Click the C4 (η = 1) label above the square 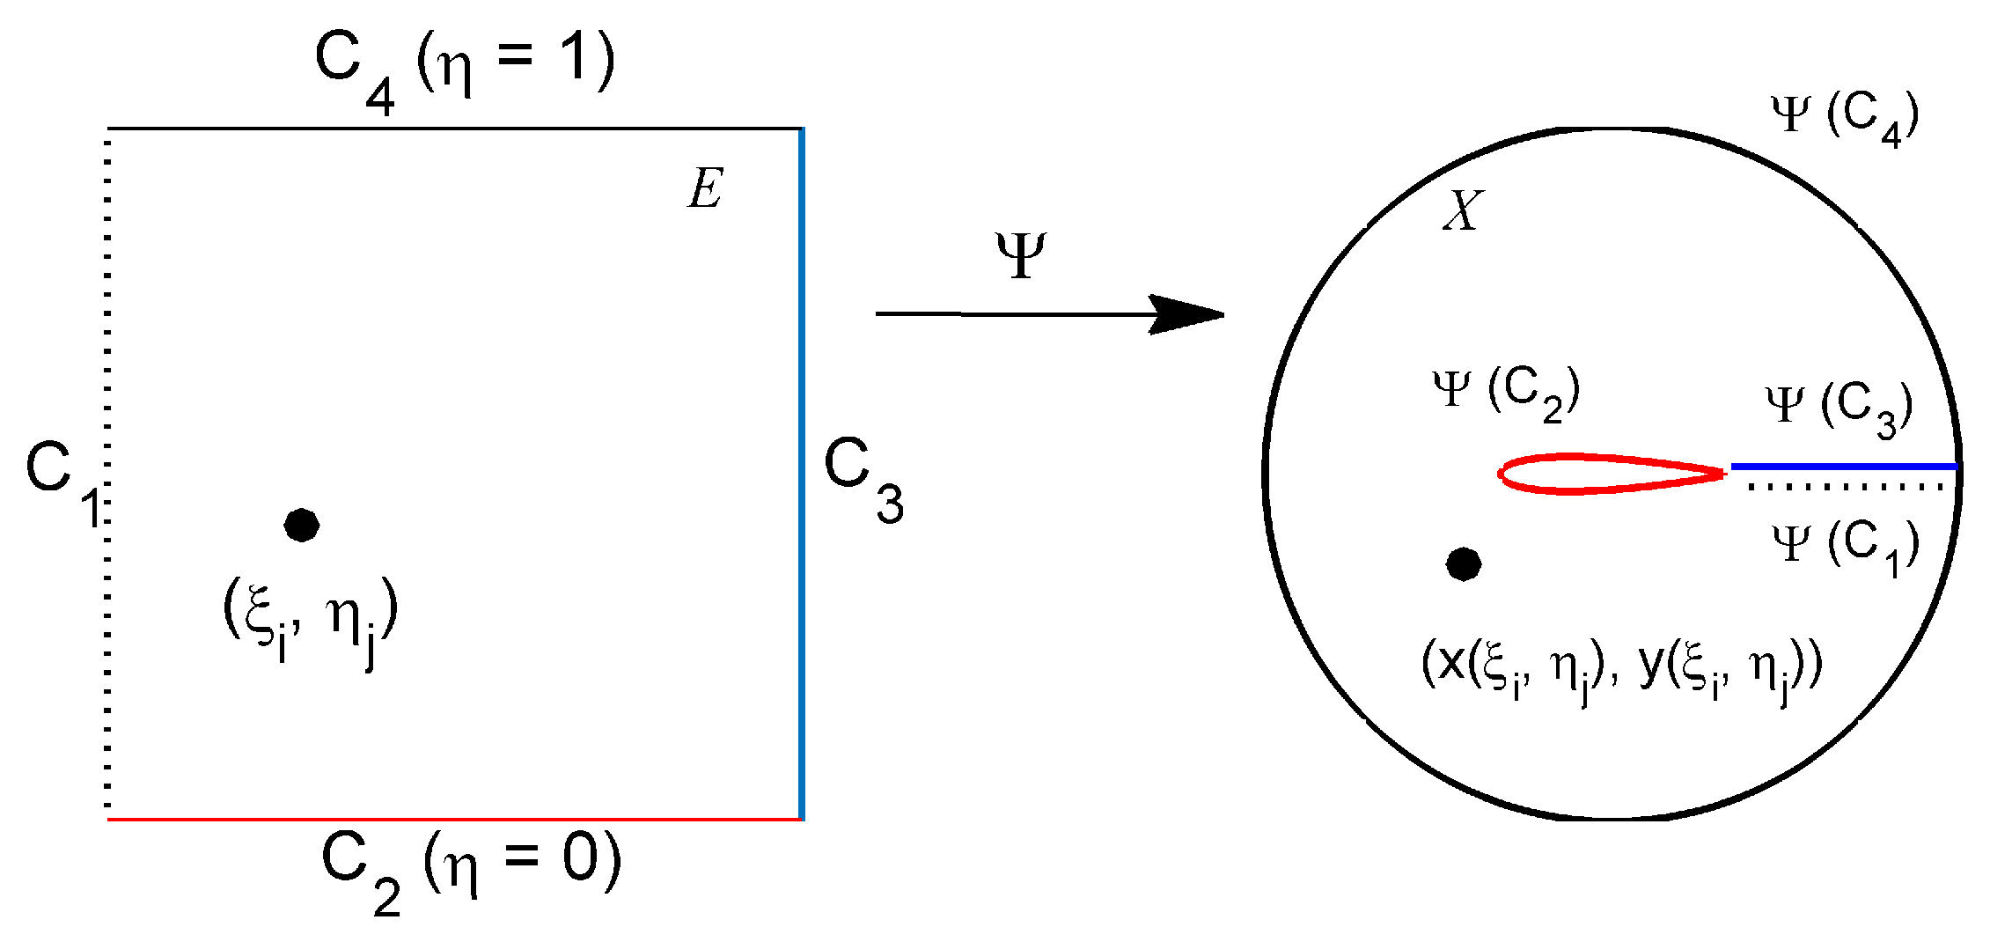[465, 65]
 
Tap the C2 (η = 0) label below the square [472, 867]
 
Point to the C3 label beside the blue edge [863, 480]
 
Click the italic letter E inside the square [705, 188]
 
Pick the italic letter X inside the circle [1463, 211]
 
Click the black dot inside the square [302, 526]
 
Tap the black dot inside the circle [1464, 564]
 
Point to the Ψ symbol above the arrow [1021, 255]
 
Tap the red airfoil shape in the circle [1611, 474]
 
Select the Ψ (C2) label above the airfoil [1506, 393]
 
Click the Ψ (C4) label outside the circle [1845, 118]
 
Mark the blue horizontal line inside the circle [1844, 467]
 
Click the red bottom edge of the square [454, 820]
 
